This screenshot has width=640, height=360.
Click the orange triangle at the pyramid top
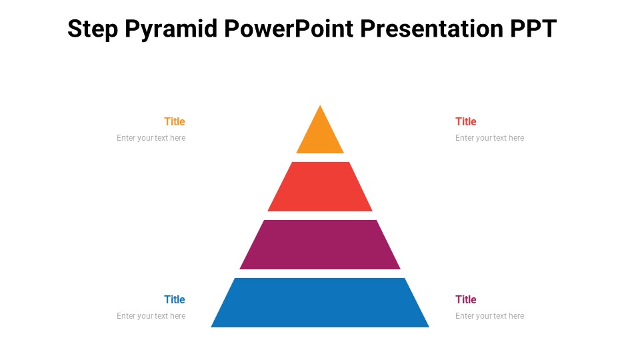tap(320, 136)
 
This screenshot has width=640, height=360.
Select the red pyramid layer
tap(320, 187)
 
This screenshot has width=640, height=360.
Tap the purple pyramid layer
tap(320, 245)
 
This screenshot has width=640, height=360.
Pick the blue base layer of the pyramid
tap(320, 303)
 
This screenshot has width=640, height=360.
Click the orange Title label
tap(175, 121)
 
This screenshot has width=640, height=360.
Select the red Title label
tap(466, 121)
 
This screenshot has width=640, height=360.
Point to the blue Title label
tap(175, 299)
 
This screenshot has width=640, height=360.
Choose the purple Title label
tap(466, 299)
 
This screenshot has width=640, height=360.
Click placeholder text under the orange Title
tap(151, 138)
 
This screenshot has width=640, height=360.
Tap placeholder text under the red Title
tap(490, 138)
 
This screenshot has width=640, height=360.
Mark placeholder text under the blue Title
tap(151, 316)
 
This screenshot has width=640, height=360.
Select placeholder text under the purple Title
tap(490, 316)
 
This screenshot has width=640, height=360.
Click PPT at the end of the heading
tap(533, 29)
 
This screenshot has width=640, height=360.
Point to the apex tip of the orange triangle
tap(320, 107)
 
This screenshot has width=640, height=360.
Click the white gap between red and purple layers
tap(320, 216)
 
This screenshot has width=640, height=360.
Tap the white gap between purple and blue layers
tap(320, 274)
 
